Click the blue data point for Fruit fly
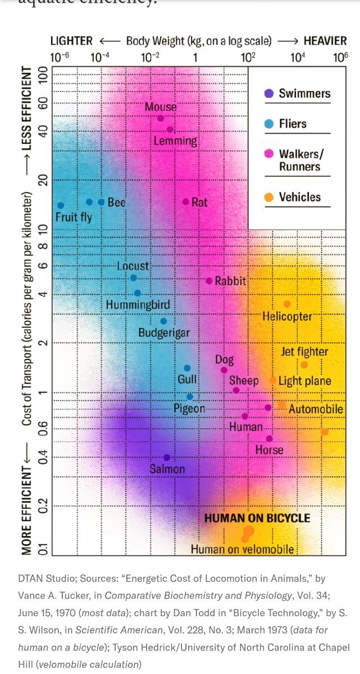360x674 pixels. point(61,206)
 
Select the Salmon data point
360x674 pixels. point(167,458)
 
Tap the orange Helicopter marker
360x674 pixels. point(287,304)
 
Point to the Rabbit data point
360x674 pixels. point(209,281)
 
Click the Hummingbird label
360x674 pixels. point(138,305)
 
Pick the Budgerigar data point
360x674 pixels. point(163,321)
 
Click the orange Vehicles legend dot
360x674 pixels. point(269,197)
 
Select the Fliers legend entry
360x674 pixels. point(293,124)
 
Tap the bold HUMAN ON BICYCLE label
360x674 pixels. point(257,518)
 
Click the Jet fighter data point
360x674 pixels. point(304,365)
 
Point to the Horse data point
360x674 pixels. point(269,439)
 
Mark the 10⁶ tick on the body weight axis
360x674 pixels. point(340,57)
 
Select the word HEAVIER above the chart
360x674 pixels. point(325,40)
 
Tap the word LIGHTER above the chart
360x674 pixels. point(71,40)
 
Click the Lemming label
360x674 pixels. point(175,140)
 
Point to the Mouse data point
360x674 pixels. point(161,118)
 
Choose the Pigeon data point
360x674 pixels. point(190,397)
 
